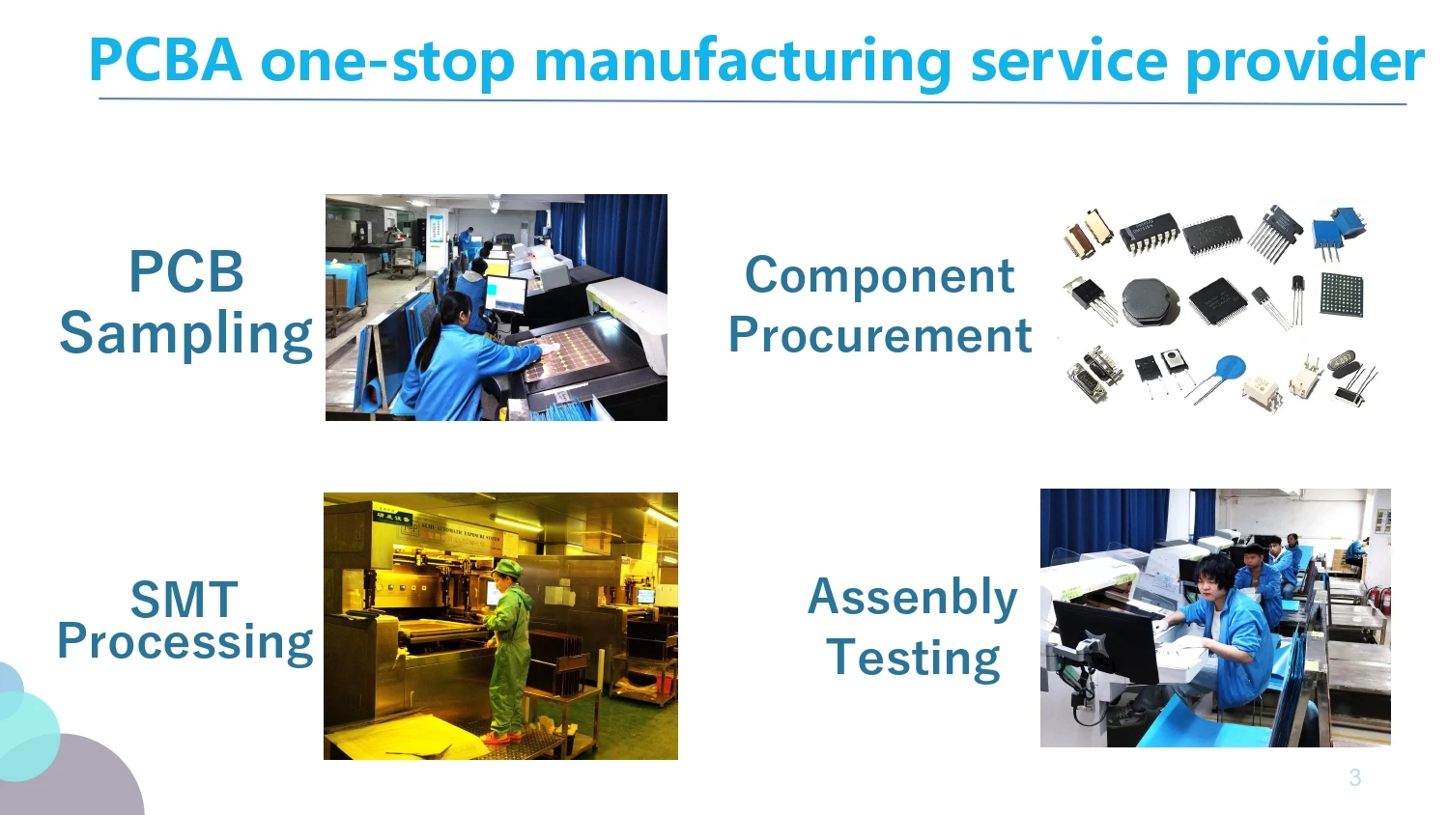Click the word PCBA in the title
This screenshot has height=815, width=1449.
pyautogui.click(x=164, y=60)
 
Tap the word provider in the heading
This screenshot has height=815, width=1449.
pyautogui.click(x=1304, y=62)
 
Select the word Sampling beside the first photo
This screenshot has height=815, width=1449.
pyautogui.click(x=186, y=334)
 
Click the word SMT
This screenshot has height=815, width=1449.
pyautogui.click(x=184, y=600)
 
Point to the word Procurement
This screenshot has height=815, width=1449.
pyautogui.click(x=880, y=335)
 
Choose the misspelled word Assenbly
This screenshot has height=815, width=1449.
pyautogui.click(x=912, y=597)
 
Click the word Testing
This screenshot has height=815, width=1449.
pyautogui.click(x=913, y=658)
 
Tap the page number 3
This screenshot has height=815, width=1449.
pyautogui.click(x=1354, y=777)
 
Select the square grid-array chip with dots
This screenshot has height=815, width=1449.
pyautogui.click(x=1341, y=295)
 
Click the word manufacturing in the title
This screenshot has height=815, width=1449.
pyautogui.click(x=742, y=62)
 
